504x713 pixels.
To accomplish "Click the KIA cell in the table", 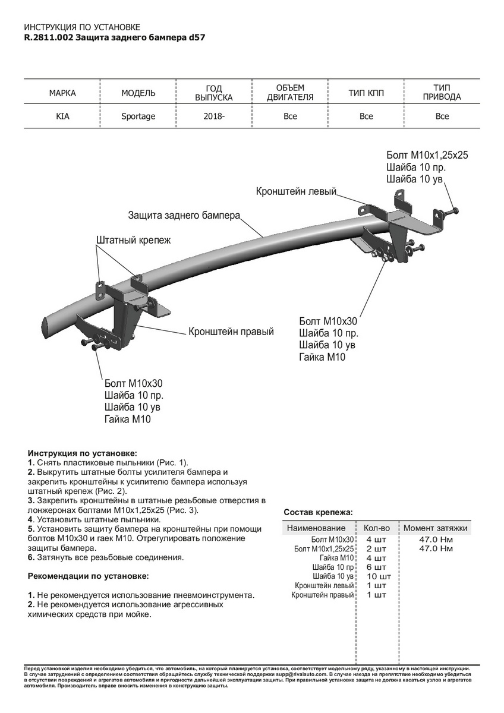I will click(x=62, y=116).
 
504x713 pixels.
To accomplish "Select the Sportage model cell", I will click(x=138, y=116).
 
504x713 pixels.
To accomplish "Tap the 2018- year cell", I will click(x=214, y=116).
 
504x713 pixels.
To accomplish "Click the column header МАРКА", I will click(x=62, y=93).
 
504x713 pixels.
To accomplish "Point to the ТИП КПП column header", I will click(x=366, y=93).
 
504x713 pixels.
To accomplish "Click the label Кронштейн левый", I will click(x=296, y=192).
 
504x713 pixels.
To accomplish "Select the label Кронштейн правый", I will click(x=231, y=332).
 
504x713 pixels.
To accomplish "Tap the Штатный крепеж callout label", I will click(x=133, y=240).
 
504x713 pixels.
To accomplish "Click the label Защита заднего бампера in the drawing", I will click(x=184, y=215).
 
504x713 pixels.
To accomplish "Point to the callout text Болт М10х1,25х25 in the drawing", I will click(x=427, y=155).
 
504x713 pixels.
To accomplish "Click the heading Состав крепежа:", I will click(x=318, y=512).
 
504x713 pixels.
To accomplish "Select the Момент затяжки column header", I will click(x=436, y=528).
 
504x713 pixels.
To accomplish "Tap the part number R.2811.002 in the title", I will click(x=49, y=37).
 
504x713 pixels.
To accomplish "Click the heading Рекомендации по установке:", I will click(x=88, y=576).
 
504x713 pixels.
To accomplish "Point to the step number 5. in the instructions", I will click(x=31, y=528).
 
